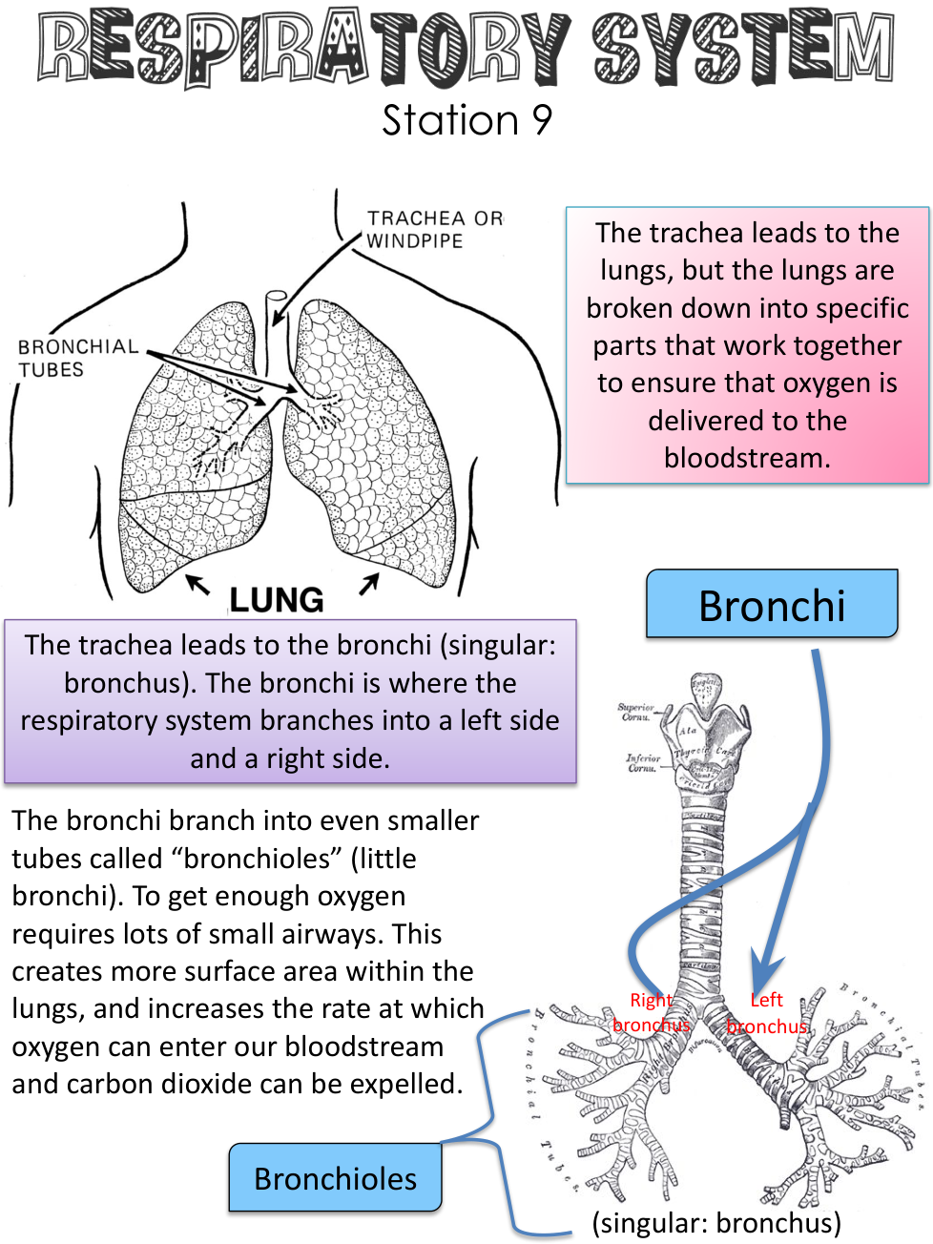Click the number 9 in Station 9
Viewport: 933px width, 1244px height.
coord(541,121)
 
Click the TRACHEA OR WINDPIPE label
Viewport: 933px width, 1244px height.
coord(433,230)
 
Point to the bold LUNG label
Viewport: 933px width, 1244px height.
coord(277,599)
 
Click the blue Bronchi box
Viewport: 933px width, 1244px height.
coord(772,605)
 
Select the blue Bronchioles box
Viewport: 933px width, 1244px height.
coord(335,1178)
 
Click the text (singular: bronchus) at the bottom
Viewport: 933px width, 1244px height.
coord(716,1222)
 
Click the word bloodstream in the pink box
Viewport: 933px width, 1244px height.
coord(747,458)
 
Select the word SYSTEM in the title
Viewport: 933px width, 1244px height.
coord(743,48)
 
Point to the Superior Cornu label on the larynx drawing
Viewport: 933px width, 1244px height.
coord(635,712)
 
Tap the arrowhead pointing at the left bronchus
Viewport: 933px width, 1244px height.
coord(763,978)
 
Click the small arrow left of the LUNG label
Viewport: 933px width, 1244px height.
coord(197,583)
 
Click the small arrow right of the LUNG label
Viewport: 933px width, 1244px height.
coord(369,582)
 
